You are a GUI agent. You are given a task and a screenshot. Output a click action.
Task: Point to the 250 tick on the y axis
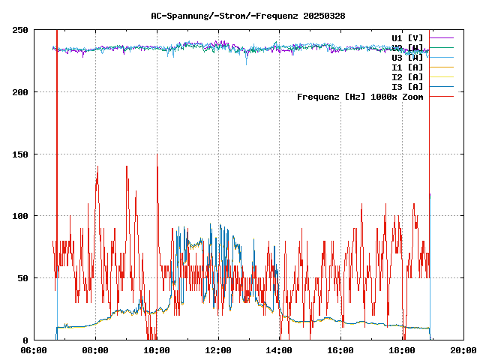coord(20,30)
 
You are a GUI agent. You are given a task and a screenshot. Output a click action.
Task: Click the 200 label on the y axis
coord(20,92)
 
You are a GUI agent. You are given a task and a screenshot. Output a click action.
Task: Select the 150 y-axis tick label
coord(20,154)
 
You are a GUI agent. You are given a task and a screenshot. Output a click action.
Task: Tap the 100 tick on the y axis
coord(20,216)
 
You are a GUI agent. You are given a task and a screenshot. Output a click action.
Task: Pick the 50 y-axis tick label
coord(22,278)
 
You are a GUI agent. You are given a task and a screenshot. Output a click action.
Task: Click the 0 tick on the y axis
coord(25,340)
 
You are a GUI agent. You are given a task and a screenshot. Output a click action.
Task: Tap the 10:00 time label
coord(157,350)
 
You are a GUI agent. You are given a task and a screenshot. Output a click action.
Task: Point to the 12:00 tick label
coord(218,350)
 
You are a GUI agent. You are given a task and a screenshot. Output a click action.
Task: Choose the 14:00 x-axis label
coord(280,350)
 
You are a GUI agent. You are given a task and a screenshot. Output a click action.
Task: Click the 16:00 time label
coord(341,350)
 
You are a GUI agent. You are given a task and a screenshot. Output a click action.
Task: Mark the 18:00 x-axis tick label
coord(403,350)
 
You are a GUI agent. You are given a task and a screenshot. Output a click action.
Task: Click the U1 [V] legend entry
coord(407,37)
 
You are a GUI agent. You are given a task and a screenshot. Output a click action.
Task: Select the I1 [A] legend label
coord(407,67)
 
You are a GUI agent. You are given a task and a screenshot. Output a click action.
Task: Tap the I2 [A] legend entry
coord(407,76)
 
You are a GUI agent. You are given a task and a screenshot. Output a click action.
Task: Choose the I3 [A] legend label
coord(407,86)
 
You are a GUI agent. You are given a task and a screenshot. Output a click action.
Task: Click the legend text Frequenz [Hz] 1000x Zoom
coord(360,96)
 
